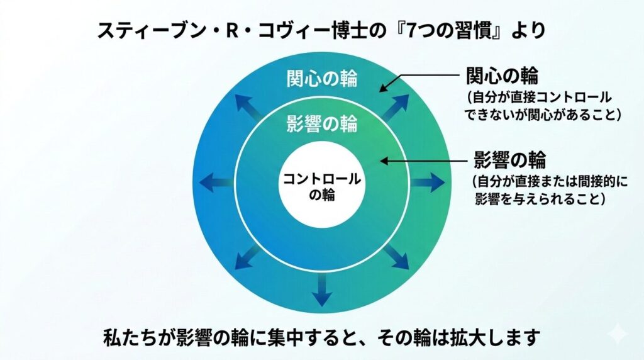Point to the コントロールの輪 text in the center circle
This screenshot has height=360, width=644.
[x=322, y=186]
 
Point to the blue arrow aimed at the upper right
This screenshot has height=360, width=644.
[x=396, y=108]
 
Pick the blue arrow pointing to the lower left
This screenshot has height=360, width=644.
[x=248, y=258]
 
